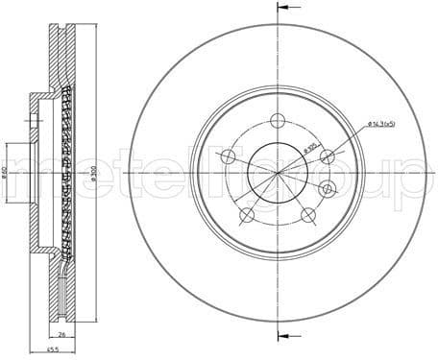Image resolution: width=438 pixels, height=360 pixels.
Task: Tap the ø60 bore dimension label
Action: [7, 173]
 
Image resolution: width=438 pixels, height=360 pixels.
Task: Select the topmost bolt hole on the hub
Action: [278, 120]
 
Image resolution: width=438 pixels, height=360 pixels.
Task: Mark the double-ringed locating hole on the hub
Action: [328, 189]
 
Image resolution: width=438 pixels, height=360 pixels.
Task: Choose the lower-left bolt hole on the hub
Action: [247, 214]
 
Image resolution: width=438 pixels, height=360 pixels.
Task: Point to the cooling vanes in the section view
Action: [67, 173]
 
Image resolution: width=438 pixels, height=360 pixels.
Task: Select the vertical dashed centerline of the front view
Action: [278, 58]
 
